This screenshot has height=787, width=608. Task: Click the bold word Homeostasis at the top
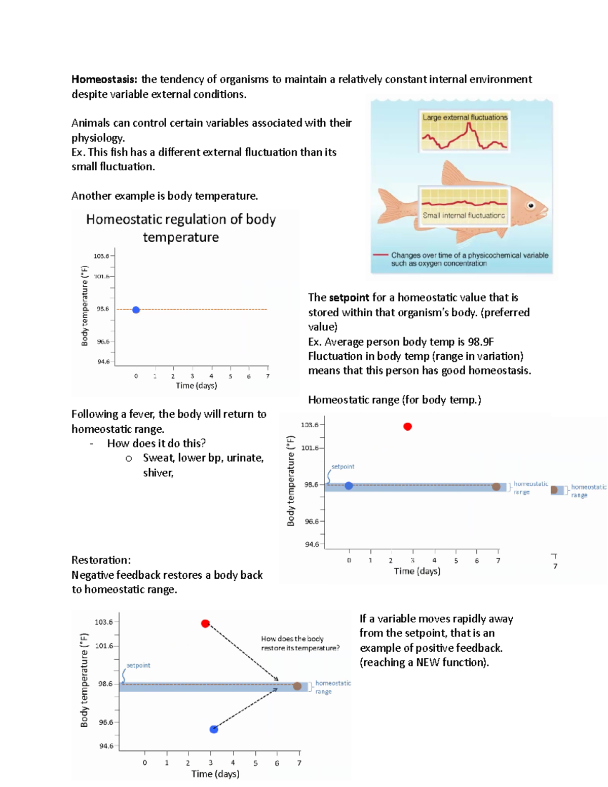click(104, 80)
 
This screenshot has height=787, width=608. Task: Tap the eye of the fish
click(531, 205)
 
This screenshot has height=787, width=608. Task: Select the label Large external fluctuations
click(465, 117)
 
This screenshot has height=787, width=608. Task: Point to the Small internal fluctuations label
click(464, 215)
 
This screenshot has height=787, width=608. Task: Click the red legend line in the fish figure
click(380, 255)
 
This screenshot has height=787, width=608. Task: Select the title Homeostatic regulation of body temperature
click(181, 228)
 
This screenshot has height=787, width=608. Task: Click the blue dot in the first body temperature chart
click(136, 310)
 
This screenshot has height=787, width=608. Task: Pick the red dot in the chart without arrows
click(407, 427)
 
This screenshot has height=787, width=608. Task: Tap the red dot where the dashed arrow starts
click(205, 623)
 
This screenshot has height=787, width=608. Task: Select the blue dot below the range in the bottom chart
click(214, 729)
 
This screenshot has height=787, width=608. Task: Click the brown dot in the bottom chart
click(297, 686)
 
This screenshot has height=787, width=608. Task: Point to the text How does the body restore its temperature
click(300, 644)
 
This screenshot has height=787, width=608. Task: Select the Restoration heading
click(101, 560)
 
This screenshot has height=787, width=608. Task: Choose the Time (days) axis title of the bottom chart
click(215, 774)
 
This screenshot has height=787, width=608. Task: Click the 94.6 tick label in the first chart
click(103, 362)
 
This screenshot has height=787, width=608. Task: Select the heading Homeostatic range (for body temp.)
click(394, 400)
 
